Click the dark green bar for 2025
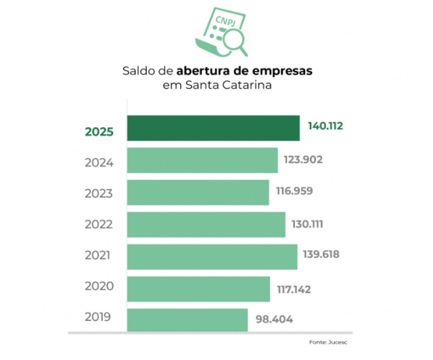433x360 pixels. pyautogui.click(x=213, y=129)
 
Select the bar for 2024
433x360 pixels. pyautogui.click(x=202, y=160)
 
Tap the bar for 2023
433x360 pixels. pyautogui.click(x=198, y=192)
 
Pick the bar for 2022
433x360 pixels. pyautogui.click(x=206, y=224)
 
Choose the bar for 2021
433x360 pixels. pyautogui.click(x=212, y=256)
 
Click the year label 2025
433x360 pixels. pyautogui.click(x=99, y=132)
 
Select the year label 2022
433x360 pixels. pyautogui.click(x=99, y=224)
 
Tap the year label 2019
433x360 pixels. pyautogui.click(x=99, y=316)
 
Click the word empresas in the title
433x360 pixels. pyautogui.click(x=281, y=70)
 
